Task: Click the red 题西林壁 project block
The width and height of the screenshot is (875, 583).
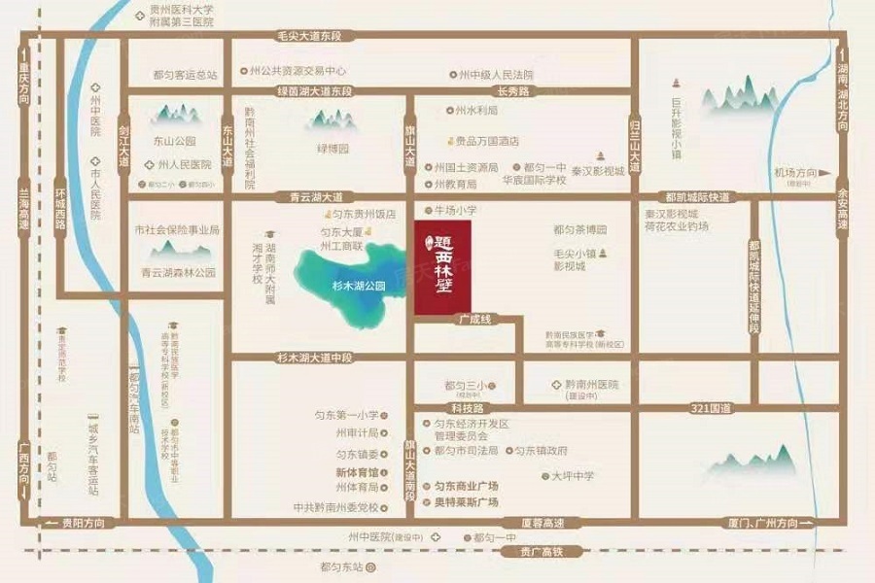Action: click(443, 267)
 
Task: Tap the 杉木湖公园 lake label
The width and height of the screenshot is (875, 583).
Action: click(352, 287)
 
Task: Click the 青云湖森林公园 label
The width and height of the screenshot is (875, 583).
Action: click(178, 272)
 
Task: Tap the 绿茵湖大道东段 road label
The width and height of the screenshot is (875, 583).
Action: click(301, 91)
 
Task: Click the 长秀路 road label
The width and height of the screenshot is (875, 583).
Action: click(513, 91)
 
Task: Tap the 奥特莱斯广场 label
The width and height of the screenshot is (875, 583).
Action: click(466, 502)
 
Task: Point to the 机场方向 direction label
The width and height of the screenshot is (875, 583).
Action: click(791, 173)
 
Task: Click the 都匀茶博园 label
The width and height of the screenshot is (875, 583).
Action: click(579, 230)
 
